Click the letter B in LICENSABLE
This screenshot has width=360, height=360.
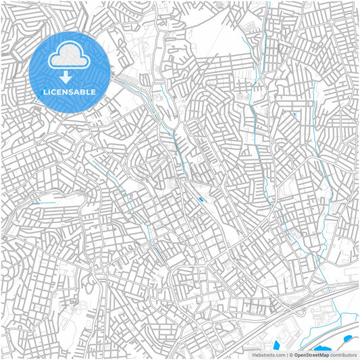click(x=84, y=91)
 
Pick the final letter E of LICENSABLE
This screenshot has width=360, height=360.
click(x=94, y=91)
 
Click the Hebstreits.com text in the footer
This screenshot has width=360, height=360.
click(x=267, y=355)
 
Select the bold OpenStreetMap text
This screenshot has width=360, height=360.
click(x=311, y=355)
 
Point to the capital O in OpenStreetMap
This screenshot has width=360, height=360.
click(x=296, y=355)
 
